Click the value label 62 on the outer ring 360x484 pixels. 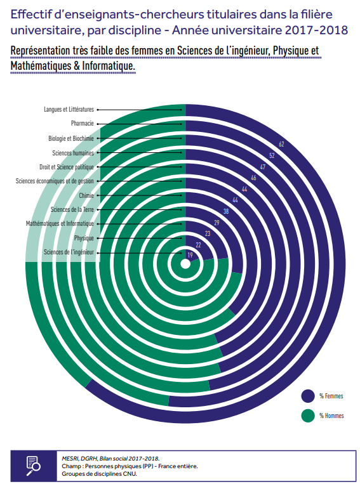point(281,144)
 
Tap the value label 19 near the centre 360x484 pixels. point(190,255)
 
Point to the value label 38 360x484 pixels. point(226,211)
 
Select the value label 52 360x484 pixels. point(272,155)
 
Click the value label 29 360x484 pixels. point(217,223)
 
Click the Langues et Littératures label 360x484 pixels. point(69,109)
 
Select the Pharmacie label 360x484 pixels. point(82,124)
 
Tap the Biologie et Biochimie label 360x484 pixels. point(70,138)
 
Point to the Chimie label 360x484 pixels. point(86,195)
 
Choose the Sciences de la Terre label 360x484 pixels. point(72,209)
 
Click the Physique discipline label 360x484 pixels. point(84,239)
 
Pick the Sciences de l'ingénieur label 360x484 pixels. point(69,252)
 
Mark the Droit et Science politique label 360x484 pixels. point(67,167)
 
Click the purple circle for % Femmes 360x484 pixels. point(308,396)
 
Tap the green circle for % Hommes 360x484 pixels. point(308,415)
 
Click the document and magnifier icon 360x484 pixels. point(33,466)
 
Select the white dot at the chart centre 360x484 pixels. point(185,265)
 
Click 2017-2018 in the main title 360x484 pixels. point(317,30)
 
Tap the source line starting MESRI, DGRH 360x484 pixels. point(110,459)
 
